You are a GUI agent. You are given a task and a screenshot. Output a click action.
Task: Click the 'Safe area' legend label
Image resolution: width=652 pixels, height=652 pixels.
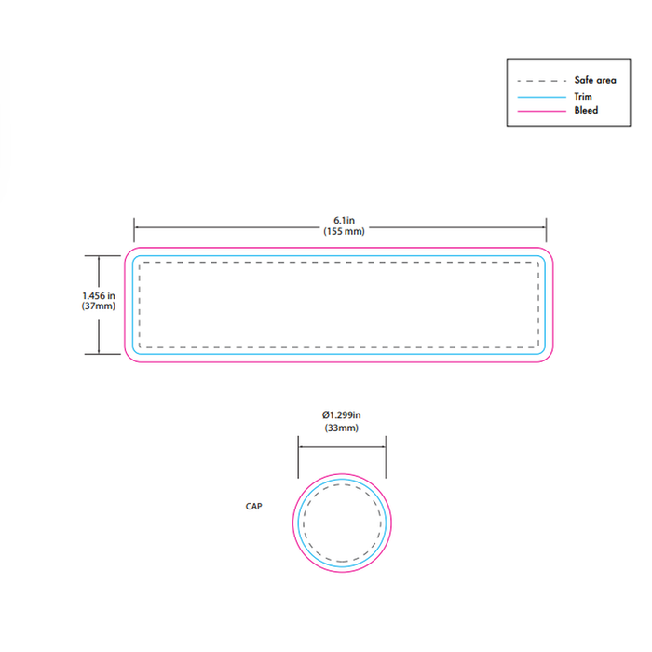pos(595,80)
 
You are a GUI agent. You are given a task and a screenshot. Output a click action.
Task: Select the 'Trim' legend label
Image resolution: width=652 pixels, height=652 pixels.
pos(583,97)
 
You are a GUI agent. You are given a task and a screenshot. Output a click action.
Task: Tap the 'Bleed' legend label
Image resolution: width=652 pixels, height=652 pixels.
pos(586,110)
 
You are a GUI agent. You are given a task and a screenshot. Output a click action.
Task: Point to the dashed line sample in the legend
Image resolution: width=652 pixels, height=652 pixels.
pos(541,81)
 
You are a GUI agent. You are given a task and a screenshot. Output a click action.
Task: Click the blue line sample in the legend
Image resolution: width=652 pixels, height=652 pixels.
pos(541,97)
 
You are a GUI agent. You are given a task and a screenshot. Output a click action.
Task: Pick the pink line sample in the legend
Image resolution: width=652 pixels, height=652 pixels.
pos(541,112)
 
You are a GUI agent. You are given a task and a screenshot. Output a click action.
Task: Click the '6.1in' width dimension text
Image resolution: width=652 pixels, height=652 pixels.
pos(344,220)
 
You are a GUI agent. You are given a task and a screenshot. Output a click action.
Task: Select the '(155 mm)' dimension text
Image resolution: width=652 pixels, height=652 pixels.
pos(344,231)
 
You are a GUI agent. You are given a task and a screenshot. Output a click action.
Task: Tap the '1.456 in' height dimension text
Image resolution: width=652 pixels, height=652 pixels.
pos(99,295)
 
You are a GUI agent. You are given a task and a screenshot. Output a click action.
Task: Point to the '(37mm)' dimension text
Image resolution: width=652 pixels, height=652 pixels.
pos(99,306)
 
